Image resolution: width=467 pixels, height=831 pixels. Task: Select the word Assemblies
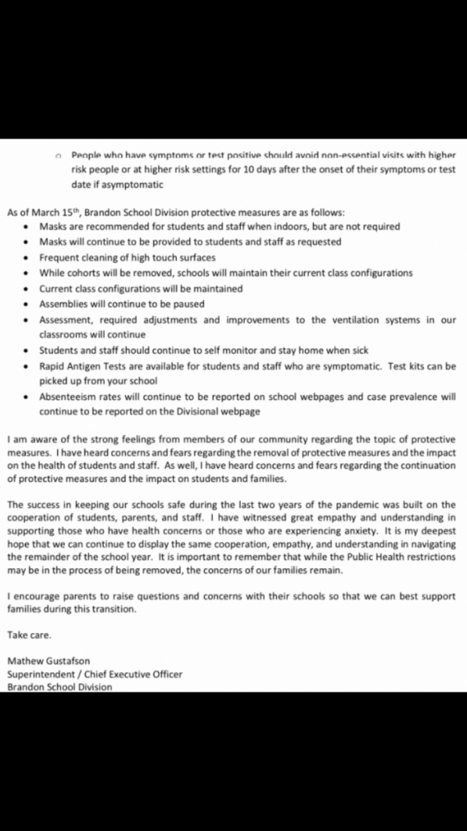(x=65, y=304)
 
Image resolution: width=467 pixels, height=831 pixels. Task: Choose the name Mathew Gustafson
(x=48, y=661)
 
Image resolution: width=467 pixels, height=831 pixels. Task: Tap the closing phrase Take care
(x=29, y=634)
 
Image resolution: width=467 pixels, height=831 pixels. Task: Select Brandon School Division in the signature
(x=60, y=686)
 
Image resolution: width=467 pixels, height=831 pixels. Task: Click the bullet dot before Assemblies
(x=27, y=304)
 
